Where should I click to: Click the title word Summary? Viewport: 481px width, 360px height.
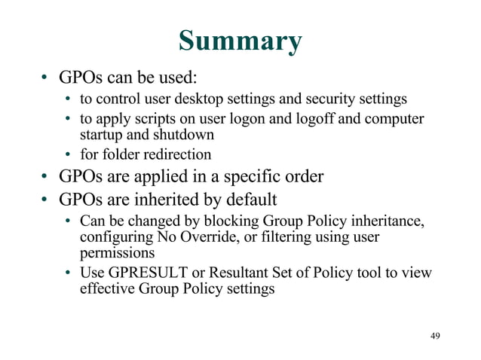[x=240, y=41]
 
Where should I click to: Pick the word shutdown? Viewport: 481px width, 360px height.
[x=185, y=135]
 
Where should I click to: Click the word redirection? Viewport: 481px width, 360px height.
[x=176, y=155]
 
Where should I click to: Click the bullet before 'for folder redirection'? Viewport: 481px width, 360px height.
[x=68, y=156]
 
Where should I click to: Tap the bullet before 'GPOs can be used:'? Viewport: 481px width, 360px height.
[x=45, y=78]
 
